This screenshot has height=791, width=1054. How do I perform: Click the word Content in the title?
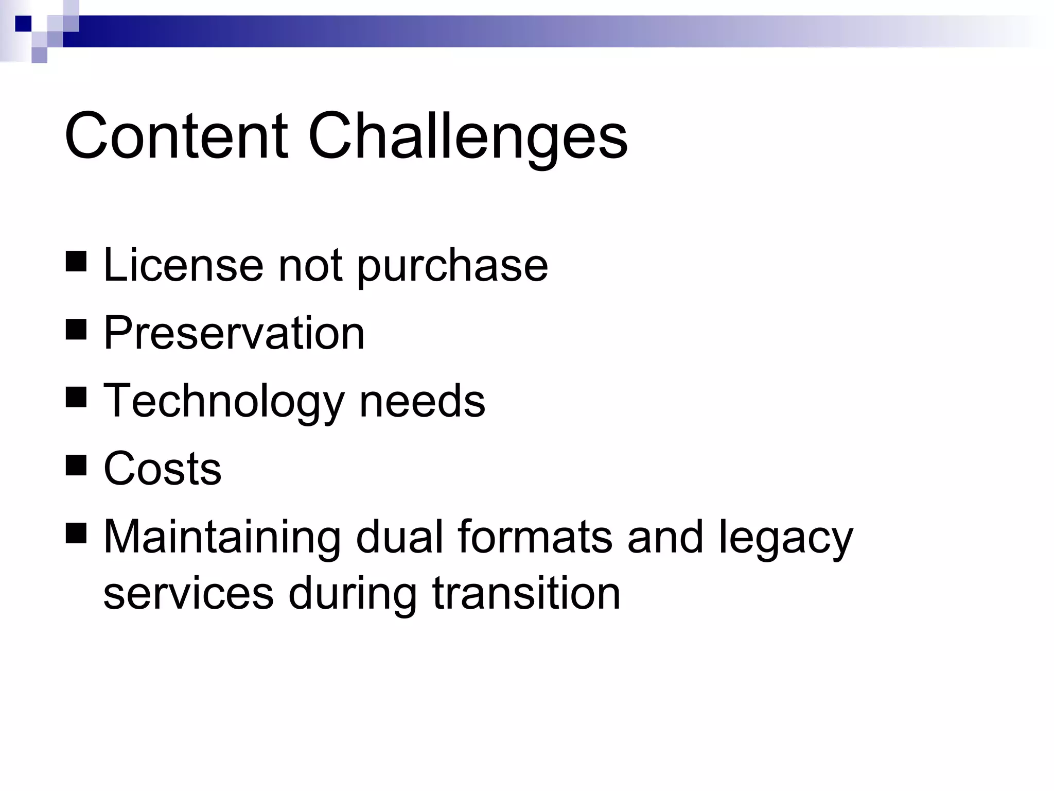point(175,136)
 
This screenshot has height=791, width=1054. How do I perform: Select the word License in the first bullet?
point(183,265)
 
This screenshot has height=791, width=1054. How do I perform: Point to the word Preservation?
point(234,333)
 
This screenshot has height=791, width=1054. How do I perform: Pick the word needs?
point(422,401)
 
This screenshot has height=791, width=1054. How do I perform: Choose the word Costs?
point(162,469)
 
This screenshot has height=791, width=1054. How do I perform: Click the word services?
point(188,593)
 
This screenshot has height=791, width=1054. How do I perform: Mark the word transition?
point(526,593)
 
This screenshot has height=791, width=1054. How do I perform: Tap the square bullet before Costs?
point(76,465)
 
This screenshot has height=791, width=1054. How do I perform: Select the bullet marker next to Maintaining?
point(76,533)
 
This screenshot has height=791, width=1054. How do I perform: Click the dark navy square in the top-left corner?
point(23,24)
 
